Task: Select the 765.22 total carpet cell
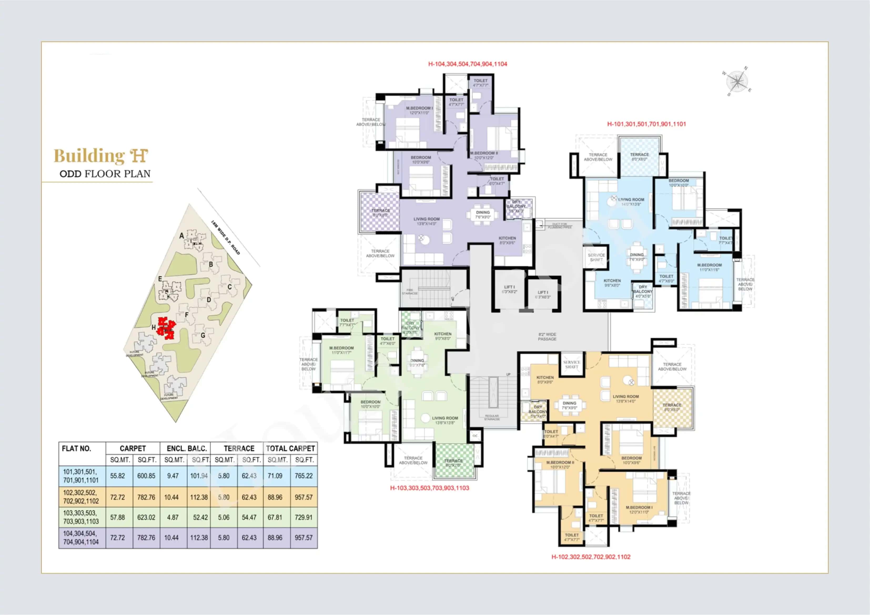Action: (304, 476)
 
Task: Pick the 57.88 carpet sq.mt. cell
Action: (118, 517)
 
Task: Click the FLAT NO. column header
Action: (77, 449)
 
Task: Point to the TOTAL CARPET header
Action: (290, 449)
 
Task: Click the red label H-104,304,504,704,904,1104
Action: (468, 64)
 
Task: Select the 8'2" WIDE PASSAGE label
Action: (547, 337)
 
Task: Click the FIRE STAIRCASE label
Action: (409, 292)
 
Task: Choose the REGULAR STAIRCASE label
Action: (492, 417)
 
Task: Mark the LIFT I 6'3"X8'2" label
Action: (509, 289)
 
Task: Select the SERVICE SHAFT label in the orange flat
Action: (571, 364)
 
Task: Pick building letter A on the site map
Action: (181, 236)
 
